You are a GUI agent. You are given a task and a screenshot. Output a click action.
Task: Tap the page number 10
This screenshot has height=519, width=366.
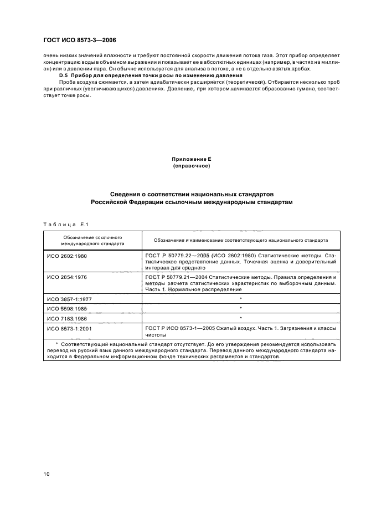click(47, 474)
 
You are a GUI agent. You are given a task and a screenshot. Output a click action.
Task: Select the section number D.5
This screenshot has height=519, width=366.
click(64, 75)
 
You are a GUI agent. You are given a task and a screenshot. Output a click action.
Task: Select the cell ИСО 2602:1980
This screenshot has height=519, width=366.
click(66, 256)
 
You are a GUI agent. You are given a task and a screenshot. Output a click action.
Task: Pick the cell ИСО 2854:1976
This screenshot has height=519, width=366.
click(66, 277)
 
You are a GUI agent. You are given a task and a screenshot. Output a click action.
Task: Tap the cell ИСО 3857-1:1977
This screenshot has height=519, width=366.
click(69, 298)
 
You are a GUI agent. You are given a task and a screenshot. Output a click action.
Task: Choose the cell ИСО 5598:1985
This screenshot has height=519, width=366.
click(66, 308)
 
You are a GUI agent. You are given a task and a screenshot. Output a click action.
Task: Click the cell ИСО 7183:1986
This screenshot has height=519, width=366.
click(66, 319)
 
